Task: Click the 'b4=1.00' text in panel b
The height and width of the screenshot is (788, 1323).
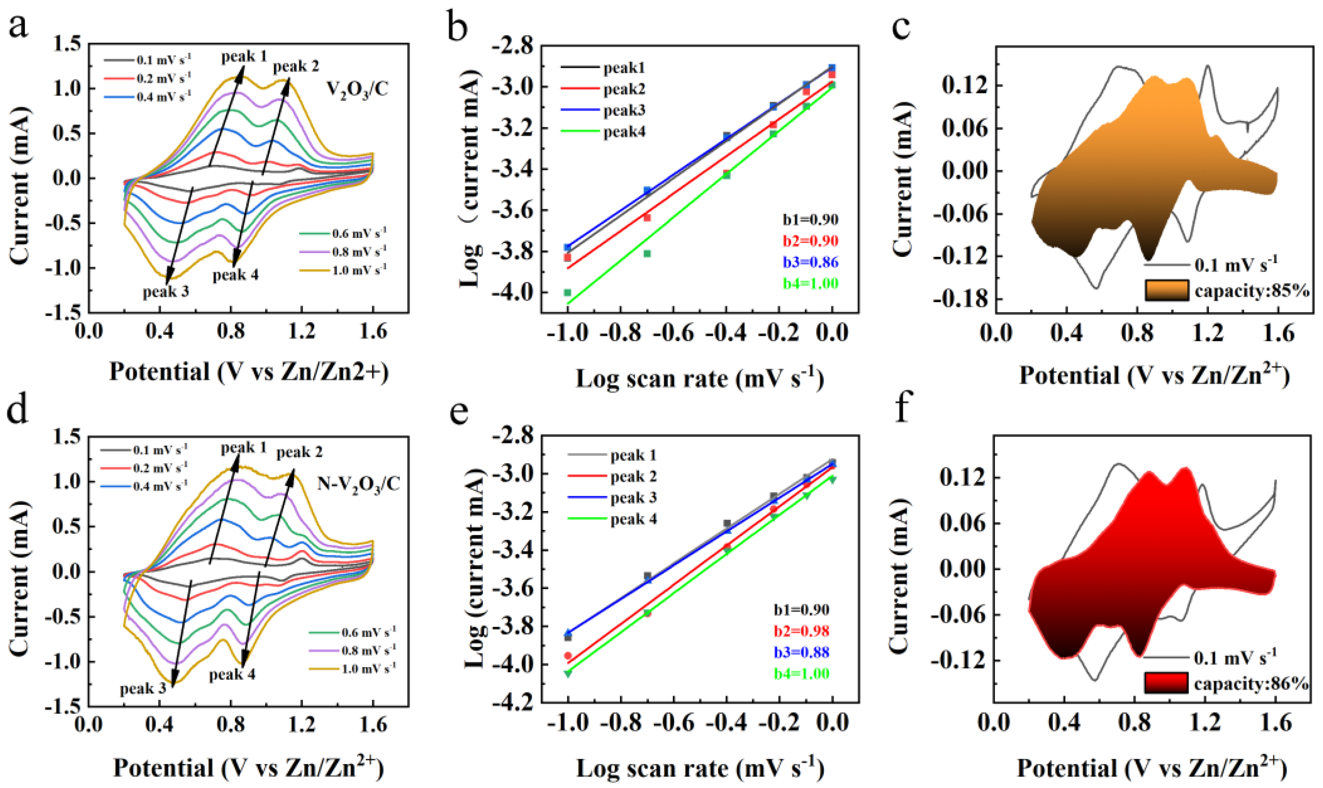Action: pos(810,284)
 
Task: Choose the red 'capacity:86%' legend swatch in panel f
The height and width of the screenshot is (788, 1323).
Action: pos(1165,683)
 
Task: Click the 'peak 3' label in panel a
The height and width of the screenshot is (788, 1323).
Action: pos(165,292)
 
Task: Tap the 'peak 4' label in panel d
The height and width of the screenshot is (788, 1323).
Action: pos(232,674)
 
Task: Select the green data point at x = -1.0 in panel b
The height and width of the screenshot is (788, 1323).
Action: pos(568,292)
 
